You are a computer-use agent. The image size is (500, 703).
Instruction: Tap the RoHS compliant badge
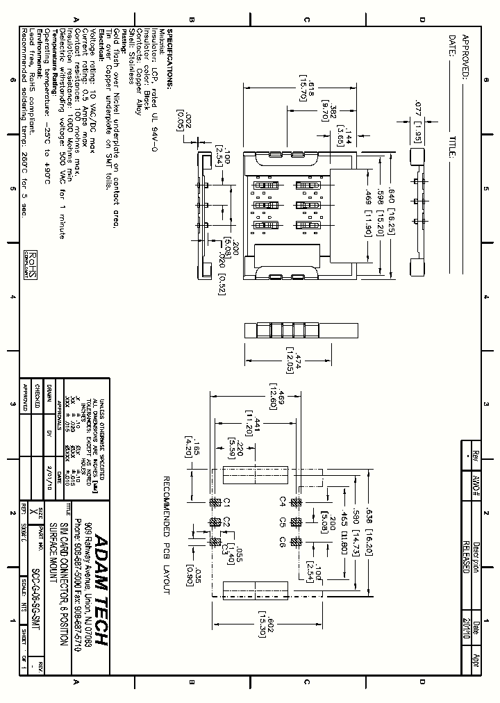(x=30, y=264)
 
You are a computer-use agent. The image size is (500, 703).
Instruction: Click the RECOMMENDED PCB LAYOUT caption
(x=167, y=535)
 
